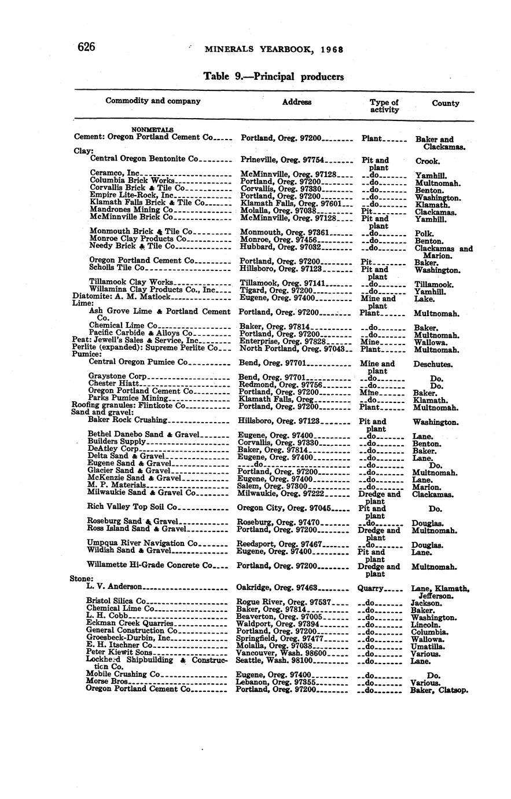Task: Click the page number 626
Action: pyautogui.click(x=86, y=47)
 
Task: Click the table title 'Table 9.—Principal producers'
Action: pyautogui.click(x=274, y=76)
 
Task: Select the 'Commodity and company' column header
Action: pyautogui.click(x=153, y=101)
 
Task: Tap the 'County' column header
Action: pyautogui.click(x=445, y=104)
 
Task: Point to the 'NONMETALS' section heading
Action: pyautogui.click(x=153, y=130)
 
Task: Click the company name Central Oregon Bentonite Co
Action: pyautogui.click(x=144, y=158)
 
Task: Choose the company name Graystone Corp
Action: pyautogui.click(x=113, y=376)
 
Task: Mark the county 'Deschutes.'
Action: pyautogui.click(x=432, y=365)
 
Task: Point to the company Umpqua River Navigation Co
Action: pyautogui.click(x=142, y=543)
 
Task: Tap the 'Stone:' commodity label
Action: pyautogui.click(x=81, y=578)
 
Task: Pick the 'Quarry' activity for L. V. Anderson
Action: pyautogui.click(x=370, y=588)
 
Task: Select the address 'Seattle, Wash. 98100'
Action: pyautogui.click(x=274, y=660)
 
